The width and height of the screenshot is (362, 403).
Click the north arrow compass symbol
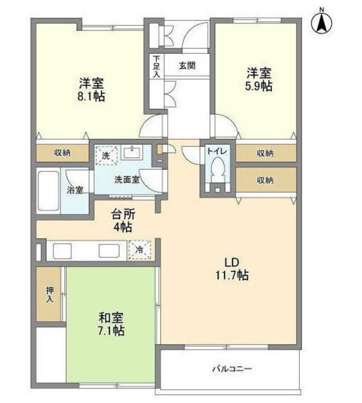coord(322,23)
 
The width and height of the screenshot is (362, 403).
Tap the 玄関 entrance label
coord(187,65)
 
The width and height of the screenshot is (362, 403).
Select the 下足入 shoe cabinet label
coord(157,67)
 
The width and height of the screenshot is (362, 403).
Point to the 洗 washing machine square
coord(106,155)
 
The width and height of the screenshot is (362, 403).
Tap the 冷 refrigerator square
coord(140,249)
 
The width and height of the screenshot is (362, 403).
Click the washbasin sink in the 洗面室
coord(132,153)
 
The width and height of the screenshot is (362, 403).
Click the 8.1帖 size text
coord(91,96)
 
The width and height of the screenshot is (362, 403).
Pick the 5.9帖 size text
coord(259,86)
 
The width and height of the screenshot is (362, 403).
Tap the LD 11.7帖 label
coord(232,269)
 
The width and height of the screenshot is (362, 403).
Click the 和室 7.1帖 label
coord(111,324)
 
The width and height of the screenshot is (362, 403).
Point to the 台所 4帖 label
coord(123,220)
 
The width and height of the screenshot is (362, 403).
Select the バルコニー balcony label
coord(232,370)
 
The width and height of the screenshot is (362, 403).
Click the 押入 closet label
coord(50,295)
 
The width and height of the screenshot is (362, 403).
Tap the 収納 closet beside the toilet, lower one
coord(266,180)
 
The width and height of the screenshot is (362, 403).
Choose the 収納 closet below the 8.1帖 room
coord(62,153)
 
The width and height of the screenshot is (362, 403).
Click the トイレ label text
coord(217,151)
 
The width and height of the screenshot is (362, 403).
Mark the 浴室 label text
coord(75,190)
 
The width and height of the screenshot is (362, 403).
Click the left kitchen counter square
coord(62,251)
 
